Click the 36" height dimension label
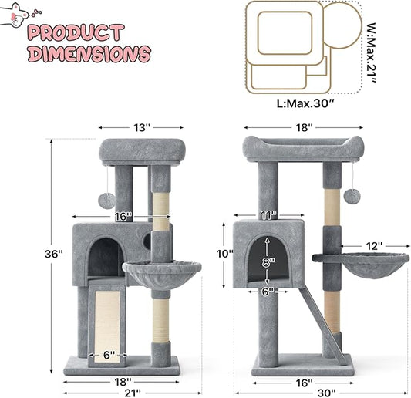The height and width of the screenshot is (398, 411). click(x=53, y=254)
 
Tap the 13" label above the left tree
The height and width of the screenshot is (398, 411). click(x=142, y=128)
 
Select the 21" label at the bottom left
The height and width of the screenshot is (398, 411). click(x=133, y=393)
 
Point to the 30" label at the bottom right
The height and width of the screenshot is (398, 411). click(x=326, y=393)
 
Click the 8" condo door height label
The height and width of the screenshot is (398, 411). click(x=268, y=262)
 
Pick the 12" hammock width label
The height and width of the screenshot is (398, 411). click(x=374, y=246)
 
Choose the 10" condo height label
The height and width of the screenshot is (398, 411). click(x=225, y=254)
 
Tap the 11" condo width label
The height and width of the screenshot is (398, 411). click(x=268, y=215)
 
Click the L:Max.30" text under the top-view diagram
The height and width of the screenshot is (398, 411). click(x=306, y=103)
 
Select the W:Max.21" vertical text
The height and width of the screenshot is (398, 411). click(x=371, y=53)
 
